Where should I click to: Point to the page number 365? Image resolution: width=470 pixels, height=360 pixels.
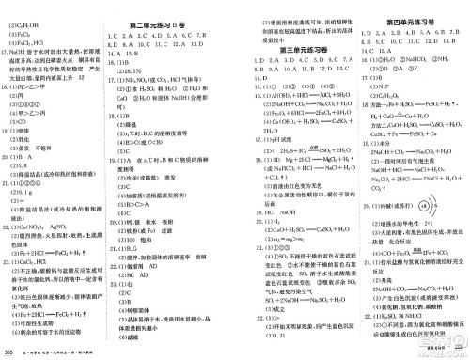8,352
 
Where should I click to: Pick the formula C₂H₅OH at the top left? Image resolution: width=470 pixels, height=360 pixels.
29,7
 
